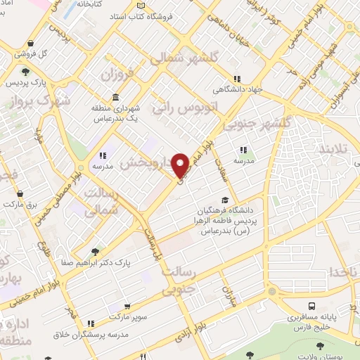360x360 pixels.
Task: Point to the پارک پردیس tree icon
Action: [x=26, y=72]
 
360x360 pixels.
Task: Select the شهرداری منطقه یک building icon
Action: [x=115, y=98]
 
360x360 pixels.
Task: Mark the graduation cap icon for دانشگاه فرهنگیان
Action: [x=224, y=200]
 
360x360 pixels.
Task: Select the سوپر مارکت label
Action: [x=147, y=307]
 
